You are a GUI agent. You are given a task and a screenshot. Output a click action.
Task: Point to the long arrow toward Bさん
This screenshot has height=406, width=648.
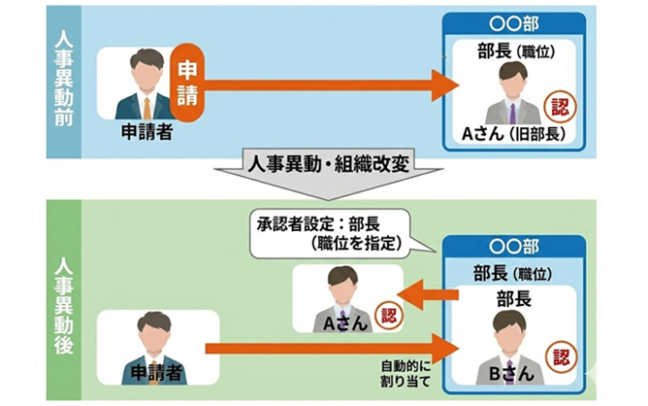click(333, 348)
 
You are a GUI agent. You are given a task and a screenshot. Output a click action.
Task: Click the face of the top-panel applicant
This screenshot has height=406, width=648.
click(146, 71)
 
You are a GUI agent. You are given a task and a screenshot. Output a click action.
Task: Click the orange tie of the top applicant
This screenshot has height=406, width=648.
click(146, 106)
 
